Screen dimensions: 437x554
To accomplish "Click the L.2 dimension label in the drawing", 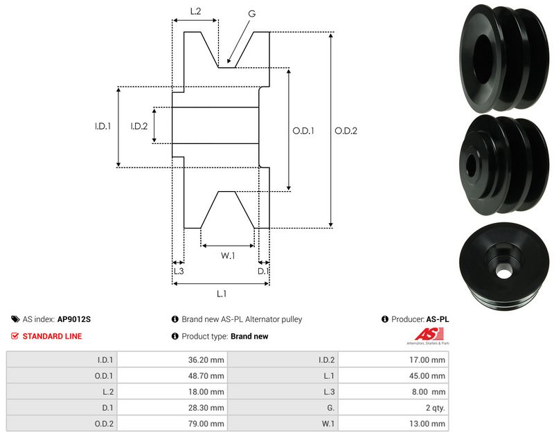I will tap(195, 11).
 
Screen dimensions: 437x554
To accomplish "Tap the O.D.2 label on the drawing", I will tap(346, 131).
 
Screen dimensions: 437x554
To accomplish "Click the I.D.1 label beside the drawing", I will tap(103, 126).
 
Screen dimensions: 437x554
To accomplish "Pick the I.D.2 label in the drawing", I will tap(139, 126).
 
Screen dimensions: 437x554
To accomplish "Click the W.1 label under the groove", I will tap(228, 256).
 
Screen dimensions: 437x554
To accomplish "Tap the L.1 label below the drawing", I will tap(221, 294).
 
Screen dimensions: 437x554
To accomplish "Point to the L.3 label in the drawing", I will tap(178, 271).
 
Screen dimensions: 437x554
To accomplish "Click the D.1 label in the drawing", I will tap(263, 271).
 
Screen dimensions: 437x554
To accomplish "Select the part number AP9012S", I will tap(74, 319).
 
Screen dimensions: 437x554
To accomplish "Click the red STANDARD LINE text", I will tap(53, 336).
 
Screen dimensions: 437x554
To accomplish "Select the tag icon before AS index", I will tap(15, 319).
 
